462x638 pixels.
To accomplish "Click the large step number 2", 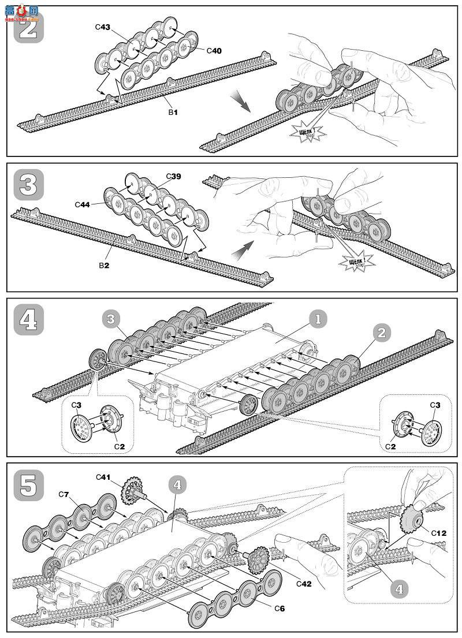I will point(28,27).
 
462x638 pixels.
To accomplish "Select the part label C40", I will point(214,51).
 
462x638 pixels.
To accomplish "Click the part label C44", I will point(83,204).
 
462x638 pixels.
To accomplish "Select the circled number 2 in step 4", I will point(381,332).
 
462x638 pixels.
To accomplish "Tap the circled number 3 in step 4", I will point(111,319).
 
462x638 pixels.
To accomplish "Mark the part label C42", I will point(304,584).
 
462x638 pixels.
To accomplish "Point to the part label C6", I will point(280,608).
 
